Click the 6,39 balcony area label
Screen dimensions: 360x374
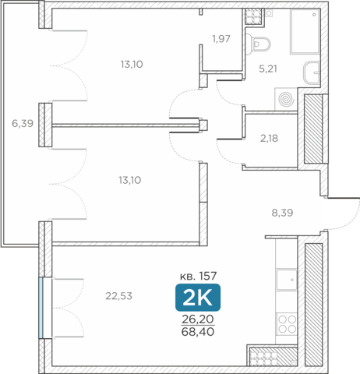click(x=23, y=123)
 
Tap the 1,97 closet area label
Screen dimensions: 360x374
click(x=221, y=39)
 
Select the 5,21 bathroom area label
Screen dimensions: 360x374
click(x=268, y=69)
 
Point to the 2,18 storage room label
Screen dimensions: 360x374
click(x=269, y=139)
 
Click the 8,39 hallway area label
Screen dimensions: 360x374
click(x=282, y=213)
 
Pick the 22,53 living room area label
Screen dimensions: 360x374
click(x=119, y=296)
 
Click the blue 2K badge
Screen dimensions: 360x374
click(x=198, y=298)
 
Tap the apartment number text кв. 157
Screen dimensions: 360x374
click(x=199, y=276)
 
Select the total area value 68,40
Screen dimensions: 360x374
click(x=198, y=332)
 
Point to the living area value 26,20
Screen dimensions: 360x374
click(x=198, y=319)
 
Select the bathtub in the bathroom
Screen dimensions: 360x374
click(x=305, y=31)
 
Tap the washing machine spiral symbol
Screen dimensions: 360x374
click(x=287, y=99)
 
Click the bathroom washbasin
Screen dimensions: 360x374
click(x=312, y=72)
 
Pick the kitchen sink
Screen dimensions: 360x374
click(x=287, y=280)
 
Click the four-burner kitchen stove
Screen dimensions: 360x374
click(x=287, y=324)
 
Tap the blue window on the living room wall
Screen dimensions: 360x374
click(x=41, y=308)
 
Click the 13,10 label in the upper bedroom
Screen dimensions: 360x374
click(x=132, y=65)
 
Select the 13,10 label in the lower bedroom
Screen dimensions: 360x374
click(x=130, y=180)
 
